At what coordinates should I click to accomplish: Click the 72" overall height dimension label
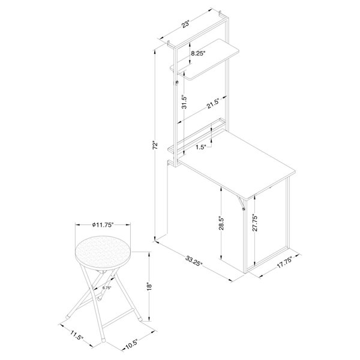pos(154,145)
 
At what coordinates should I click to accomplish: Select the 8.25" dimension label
pos(198,53)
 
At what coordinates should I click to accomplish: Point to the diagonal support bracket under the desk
pos(242,203)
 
